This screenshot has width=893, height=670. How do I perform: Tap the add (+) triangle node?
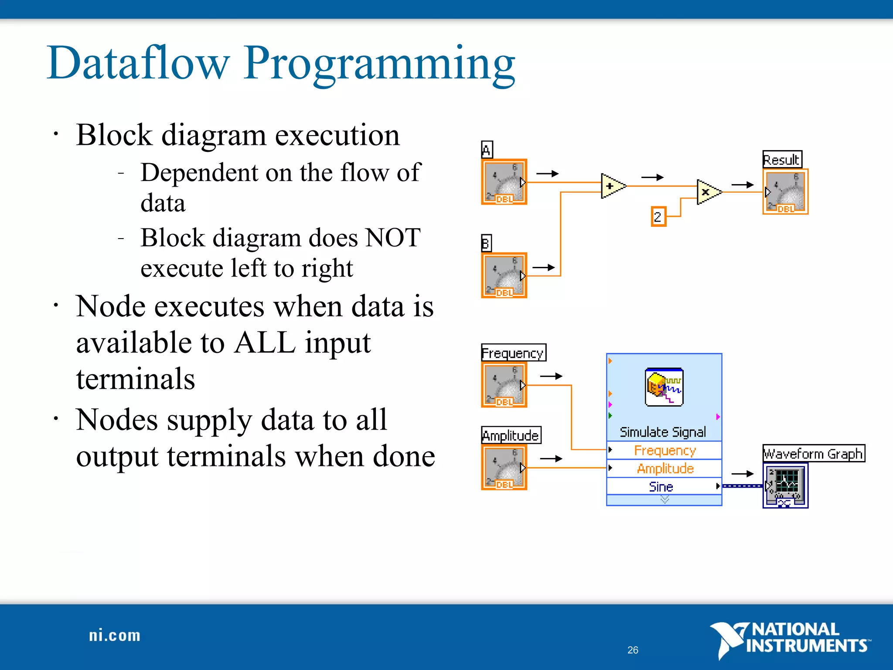pos(611,186)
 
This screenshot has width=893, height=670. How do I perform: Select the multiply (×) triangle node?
pos(707,191)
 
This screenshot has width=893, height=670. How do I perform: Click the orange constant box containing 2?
pos(658,216)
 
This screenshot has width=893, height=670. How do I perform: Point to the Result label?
pos(782,160)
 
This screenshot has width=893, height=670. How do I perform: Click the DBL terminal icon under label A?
pos(504,182)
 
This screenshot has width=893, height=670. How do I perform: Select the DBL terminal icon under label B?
pos(504,275)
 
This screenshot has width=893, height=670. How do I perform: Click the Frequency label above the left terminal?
pos(513,353)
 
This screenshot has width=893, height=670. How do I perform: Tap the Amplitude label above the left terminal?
pos(511,435)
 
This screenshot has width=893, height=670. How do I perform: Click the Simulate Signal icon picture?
pos(664,387)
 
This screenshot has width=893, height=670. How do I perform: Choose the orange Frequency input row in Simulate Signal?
pos(665,450)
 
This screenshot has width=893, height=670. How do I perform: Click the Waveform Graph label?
pos(813,454)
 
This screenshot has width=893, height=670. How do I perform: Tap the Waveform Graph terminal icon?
pos(785,485)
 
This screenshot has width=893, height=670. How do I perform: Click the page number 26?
pos(633,650)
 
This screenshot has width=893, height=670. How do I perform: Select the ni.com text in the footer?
pos(115,636)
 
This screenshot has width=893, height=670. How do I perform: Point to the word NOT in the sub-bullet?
pos(393,238)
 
